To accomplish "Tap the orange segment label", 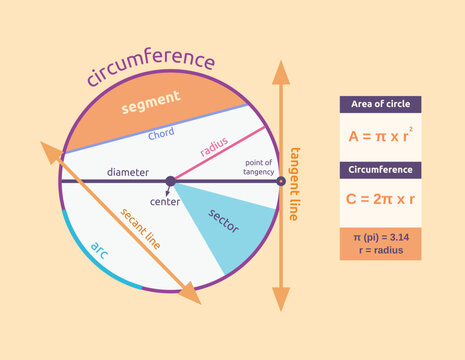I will pyautogui.click(x=150, y=102).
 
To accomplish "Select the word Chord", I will pyautogui.click(x=161, y=134).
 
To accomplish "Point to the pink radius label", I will pyautogui.click(x=214, y=149).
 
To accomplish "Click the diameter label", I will pyautogui.click(x=128, y=172).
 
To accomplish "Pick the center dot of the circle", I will pyautogui.click(x=170, y=181).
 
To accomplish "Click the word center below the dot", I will pyautogui.click(x=165, y=202).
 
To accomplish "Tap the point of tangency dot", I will pyautogui.click(x=280, y=181).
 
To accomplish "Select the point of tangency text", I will pyautogui.click(x=258, y=166).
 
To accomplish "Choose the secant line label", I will pyautogui.click(x=140, y=228).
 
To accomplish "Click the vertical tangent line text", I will pyautogui.click(x=294, y=183).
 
